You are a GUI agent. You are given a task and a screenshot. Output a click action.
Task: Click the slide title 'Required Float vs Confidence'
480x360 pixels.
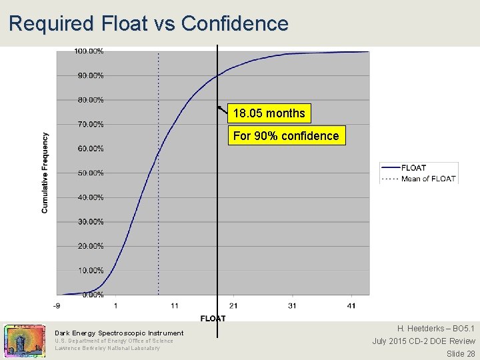149,23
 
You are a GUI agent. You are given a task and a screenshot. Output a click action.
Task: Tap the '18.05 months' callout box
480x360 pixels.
269,113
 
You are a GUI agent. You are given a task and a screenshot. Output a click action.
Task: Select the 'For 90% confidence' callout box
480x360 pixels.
286,136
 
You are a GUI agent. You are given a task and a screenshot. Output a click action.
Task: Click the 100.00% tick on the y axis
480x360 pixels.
89,51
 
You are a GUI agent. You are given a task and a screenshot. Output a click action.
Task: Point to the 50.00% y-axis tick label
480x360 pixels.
91,173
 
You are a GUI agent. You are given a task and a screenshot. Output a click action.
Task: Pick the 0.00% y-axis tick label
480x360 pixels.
93,295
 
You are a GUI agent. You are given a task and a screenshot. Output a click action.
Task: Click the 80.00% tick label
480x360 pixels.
91,100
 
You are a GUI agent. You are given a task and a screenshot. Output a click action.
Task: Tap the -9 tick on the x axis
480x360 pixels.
57,306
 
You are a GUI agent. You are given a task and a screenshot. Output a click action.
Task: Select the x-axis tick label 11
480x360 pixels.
174,306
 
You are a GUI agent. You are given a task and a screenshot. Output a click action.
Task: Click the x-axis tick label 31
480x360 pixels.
293,306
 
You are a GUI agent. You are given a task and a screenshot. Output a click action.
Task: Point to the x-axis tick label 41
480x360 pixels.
351,306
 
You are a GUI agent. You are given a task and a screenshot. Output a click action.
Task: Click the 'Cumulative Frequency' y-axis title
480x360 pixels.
45,173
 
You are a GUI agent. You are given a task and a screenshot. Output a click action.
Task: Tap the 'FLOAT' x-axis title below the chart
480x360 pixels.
213,318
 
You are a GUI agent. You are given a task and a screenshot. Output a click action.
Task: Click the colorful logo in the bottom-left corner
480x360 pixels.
25,340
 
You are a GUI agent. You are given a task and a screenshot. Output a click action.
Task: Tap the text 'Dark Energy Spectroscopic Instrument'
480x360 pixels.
119,333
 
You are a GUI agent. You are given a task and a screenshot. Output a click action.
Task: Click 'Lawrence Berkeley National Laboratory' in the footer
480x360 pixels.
107,348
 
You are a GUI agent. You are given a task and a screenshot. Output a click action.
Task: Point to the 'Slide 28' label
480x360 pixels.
461,353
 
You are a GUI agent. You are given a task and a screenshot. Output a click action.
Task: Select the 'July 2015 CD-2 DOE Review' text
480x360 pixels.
423,341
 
